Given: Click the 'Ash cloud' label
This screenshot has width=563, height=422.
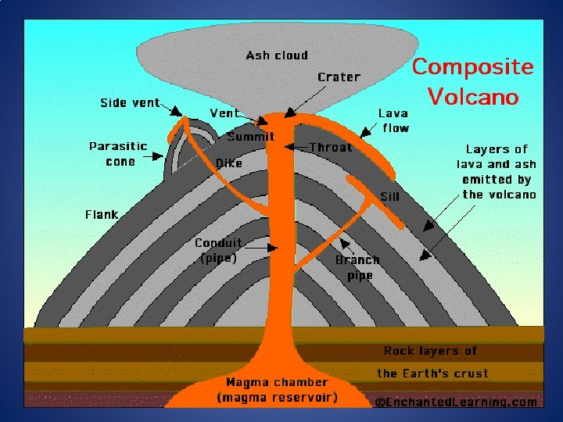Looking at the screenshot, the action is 277,55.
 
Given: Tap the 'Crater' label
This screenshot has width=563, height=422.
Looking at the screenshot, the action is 339,77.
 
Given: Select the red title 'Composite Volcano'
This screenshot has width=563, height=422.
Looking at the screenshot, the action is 473,81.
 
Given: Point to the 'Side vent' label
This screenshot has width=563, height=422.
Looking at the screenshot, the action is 130,102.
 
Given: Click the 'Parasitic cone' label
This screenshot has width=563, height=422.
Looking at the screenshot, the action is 117,153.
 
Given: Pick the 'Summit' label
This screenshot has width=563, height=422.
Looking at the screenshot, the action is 250,137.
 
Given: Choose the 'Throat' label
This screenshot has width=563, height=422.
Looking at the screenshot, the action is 330,147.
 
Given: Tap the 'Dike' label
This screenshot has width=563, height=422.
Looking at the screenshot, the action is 229,163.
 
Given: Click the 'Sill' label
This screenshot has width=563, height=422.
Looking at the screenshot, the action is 389,196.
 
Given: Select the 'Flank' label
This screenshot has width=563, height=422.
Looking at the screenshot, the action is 102,214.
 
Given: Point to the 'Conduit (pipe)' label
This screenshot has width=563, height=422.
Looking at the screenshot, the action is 218,250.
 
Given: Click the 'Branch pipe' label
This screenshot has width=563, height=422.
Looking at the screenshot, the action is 357,267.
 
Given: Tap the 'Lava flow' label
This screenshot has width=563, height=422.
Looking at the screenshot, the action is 393,120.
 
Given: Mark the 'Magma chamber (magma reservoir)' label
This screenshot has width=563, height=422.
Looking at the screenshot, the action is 278,390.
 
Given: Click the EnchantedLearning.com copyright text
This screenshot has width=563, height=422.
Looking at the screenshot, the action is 456,402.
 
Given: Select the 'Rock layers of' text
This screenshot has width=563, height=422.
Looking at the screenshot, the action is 430,351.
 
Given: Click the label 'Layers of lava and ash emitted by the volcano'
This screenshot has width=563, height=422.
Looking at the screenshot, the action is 497,171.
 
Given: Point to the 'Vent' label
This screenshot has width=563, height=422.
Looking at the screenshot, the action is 224,113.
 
